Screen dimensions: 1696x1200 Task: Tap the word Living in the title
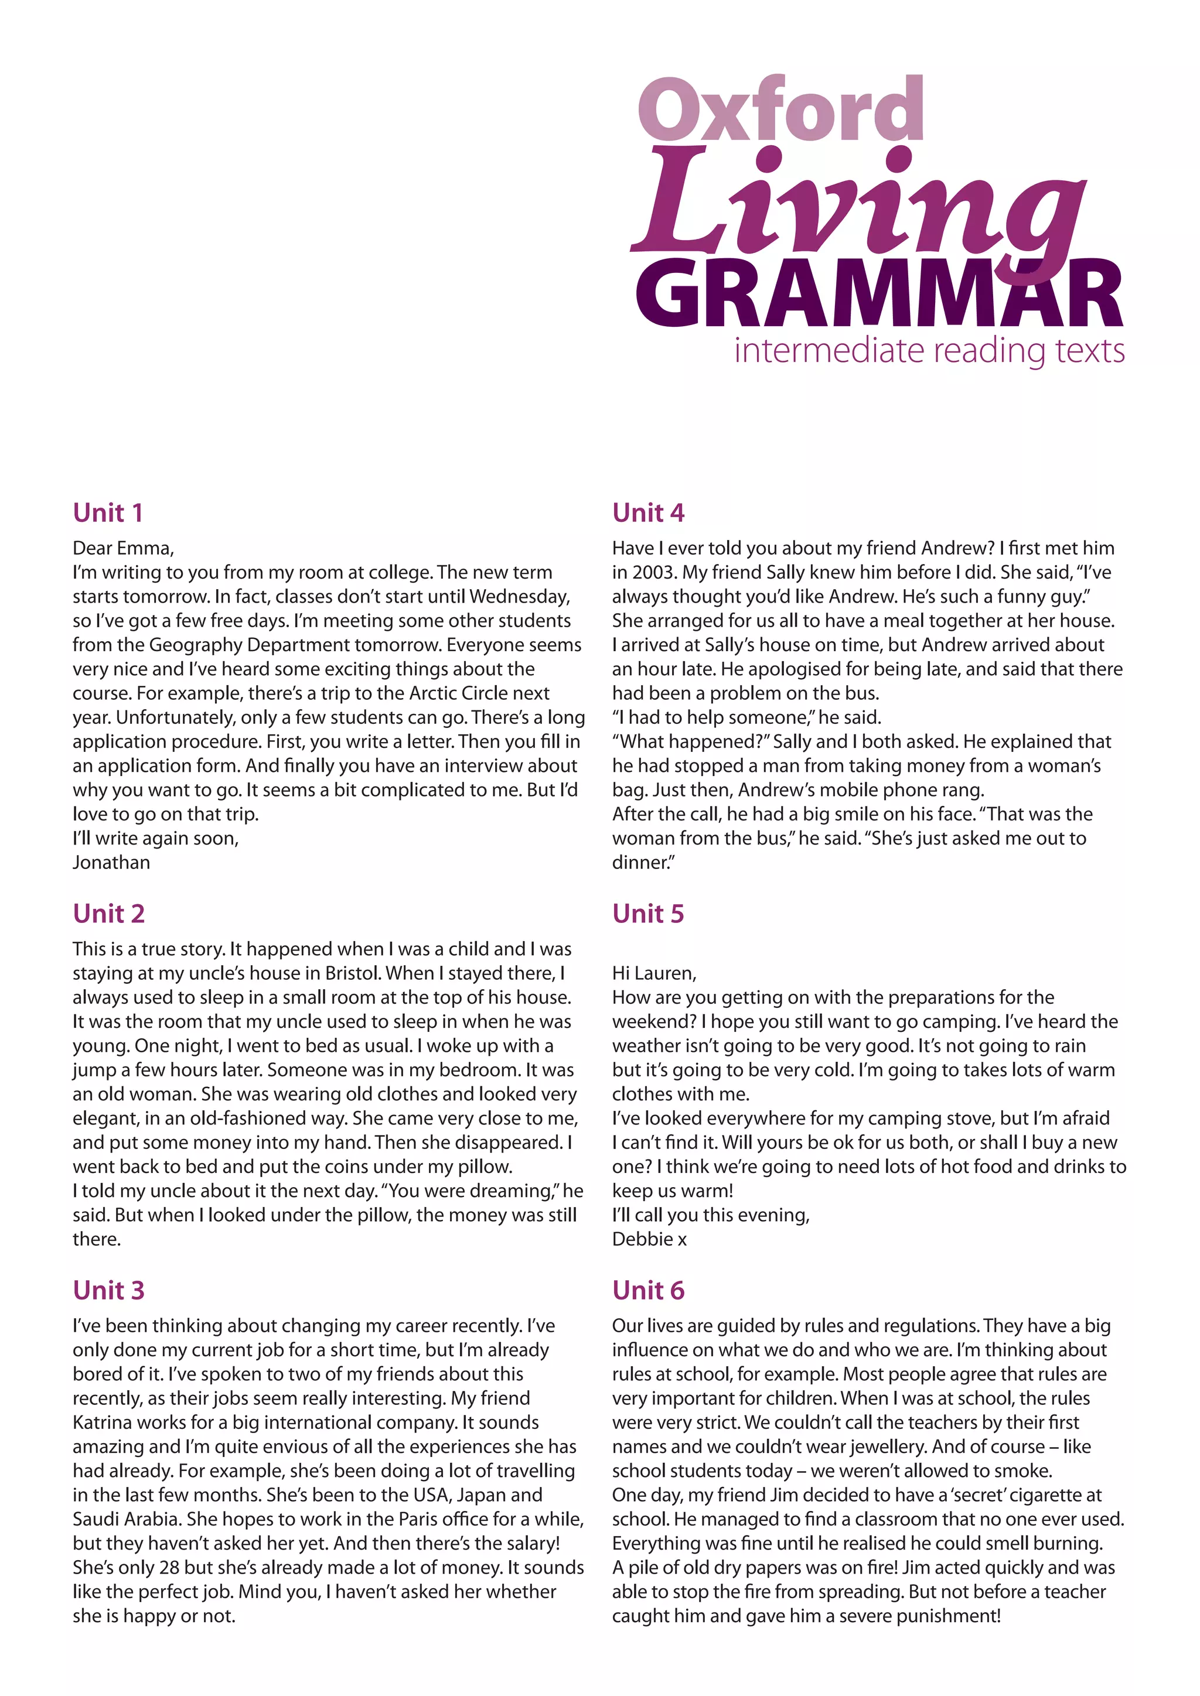click(x=857, y=203)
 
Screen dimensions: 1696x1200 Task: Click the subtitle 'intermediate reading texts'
click(x=929, y=350)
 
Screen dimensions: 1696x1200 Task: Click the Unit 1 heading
click(x=108, y=512)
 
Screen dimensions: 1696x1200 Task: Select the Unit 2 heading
click(x=108, y=914)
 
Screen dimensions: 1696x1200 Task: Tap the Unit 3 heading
click(x=108, y=1291)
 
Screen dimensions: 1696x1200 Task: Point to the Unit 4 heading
click(x=648, y=512)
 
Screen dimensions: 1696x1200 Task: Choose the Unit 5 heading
click(x=648, y=914)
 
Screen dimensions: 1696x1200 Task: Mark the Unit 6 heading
click(x=648, y=1291)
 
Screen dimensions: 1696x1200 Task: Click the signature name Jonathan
click(x=111, y=863)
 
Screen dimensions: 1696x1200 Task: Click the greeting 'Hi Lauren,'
click(x=654, y=973)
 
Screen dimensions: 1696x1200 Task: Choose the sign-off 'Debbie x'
click(x=649, y=1240)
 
